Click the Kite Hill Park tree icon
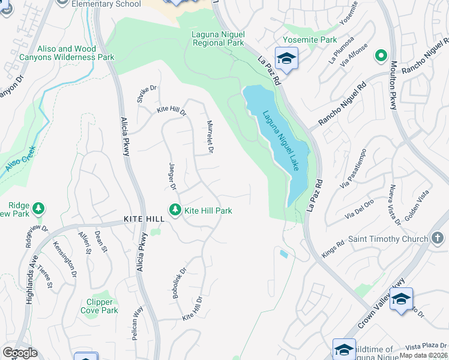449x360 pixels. click(175, 210)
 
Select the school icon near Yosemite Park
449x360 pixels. click(287, 59)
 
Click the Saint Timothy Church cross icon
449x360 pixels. click(438, 238)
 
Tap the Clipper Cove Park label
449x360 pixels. click(100, 306)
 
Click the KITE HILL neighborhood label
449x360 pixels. click(144, 219)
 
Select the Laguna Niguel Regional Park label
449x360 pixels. click(217, 38)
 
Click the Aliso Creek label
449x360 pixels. click(20, 160)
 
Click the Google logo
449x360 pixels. click(20, 353)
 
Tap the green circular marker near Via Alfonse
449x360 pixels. click(380, 56)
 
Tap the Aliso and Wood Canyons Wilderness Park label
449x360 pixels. click(76, 53)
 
